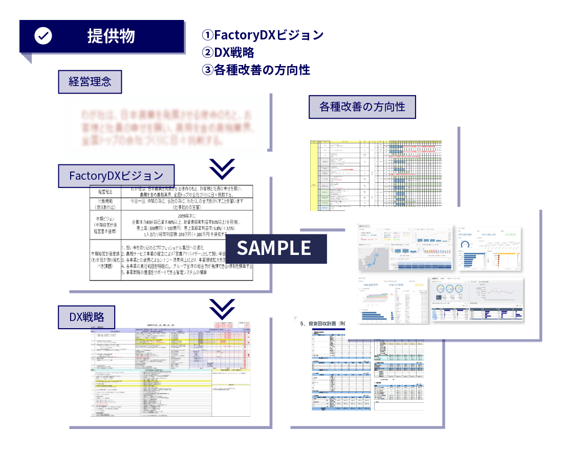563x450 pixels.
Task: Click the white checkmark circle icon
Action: [43, 36]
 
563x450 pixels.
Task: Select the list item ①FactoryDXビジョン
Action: [263, 35]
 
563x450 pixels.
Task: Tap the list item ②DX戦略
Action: [228, 52]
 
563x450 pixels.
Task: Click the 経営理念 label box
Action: [90, 82]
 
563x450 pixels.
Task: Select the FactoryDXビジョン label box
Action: [117, 176]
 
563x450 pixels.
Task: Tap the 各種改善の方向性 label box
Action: [362, 107]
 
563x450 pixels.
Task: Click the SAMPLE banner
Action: [274, 248]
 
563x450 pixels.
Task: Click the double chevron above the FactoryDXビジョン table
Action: [222, 167]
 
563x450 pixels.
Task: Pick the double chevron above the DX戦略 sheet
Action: [222, 308]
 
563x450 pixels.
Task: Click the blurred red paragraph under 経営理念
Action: [166, 126]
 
